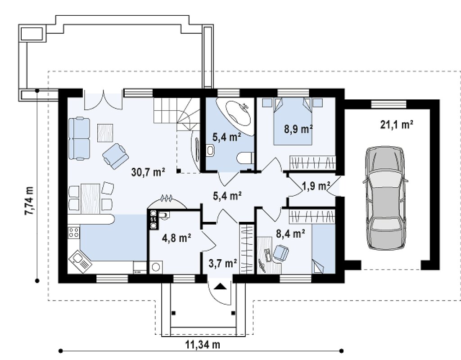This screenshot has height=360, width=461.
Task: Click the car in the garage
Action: [385, 198]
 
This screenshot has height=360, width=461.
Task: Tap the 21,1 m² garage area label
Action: [397, 125]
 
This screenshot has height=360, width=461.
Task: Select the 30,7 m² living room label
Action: [148, 172]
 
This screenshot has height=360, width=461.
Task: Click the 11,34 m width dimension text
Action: [203, 344]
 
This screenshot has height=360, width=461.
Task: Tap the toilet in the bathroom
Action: [244, 158]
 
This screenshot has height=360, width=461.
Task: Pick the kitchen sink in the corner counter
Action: [80, 261]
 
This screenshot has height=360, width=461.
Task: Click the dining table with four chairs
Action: [90, 198]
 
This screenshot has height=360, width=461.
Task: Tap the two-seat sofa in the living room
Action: [79, 139]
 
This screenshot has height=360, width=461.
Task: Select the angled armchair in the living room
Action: [115, 156]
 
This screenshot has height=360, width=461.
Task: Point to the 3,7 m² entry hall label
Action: [223, 264]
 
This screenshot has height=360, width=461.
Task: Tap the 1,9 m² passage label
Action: [316, 186]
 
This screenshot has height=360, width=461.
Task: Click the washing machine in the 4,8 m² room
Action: [156, 267]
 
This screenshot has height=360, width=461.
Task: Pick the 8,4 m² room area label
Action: [290, 234]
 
